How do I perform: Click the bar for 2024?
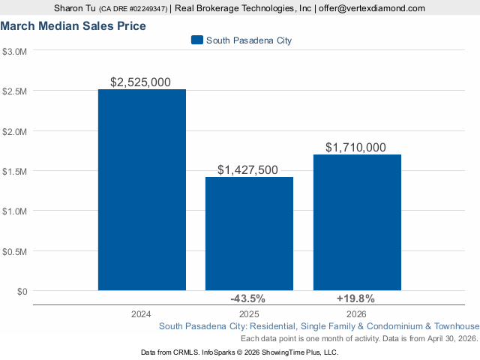142,189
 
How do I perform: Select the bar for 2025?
249,233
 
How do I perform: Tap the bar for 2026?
356,222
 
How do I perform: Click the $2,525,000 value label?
141,82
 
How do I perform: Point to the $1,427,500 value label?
249,170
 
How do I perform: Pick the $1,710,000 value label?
356,148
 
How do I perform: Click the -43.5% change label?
249,298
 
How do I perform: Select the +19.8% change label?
356,298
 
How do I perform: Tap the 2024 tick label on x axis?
142,313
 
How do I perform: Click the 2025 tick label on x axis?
249,313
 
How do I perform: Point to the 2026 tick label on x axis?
356,313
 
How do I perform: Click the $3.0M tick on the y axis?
15,52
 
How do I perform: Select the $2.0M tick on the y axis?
15,131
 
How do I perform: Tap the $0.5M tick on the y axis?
15,250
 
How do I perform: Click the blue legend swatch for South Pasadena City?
197,40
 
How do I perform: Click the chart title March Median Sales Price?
73,26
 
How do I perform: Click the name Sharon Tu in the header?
74,8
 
